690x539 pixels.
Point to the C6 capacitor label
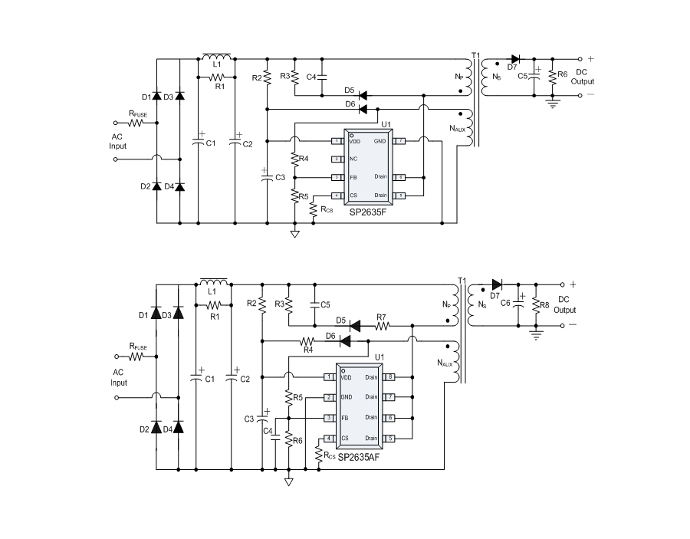pos(505,304)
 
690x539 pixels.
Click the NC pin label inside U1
pos(353,159)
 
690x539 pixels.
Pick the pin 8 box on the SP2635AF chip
pos(390,377)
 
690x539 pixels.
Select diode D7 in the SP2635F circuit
pos(515,59)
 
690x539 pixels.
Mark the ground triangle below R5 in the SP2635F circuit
pos(294,234)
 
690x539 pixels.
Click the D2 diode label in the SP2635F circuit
pos(146,186)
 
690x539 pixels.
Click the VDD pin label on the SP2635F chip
pos(354,142)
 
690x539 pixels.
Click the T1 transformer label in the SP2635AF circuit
pos(461,281)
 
